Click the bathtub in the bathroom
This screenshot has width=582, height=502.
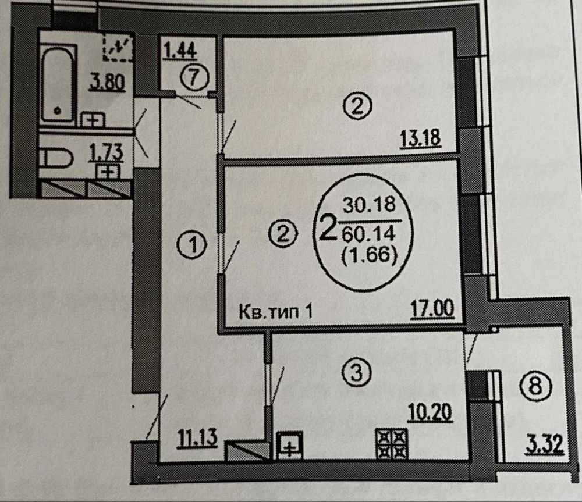[x=59, y=84]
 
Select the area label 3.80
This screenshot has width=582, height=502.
[x=107, y=83]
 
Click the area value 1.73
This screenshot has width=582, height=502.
[x=106, y=153]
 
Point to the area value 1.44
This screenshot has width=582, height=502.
[x=180, y=51]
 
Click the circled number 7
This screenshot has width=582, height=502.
[x=195, y=78]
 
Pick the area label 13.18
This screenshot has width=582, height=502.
[x=421, y=139]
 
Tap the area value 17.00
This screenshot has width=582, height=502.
[x=432, y=309]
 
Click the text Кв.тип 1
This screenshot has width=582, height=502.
[x=275, y=312]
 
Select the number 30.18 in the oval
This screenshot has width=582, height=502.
[x=369, y=204]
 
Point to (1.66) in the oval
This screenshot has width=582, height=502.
[x=370, y=255]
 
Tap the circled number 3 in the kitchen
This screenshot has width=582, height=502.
[x=356, y=371]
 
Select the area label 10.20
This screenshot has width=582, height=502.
[x=430, y=412]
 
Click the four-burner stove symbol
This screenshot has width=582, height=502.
[x=392, y=444]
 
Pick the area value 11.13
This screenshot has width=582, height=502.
[x=197, y=437]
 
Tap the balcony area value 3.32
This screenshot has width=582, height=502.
[x=545, y=444]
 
